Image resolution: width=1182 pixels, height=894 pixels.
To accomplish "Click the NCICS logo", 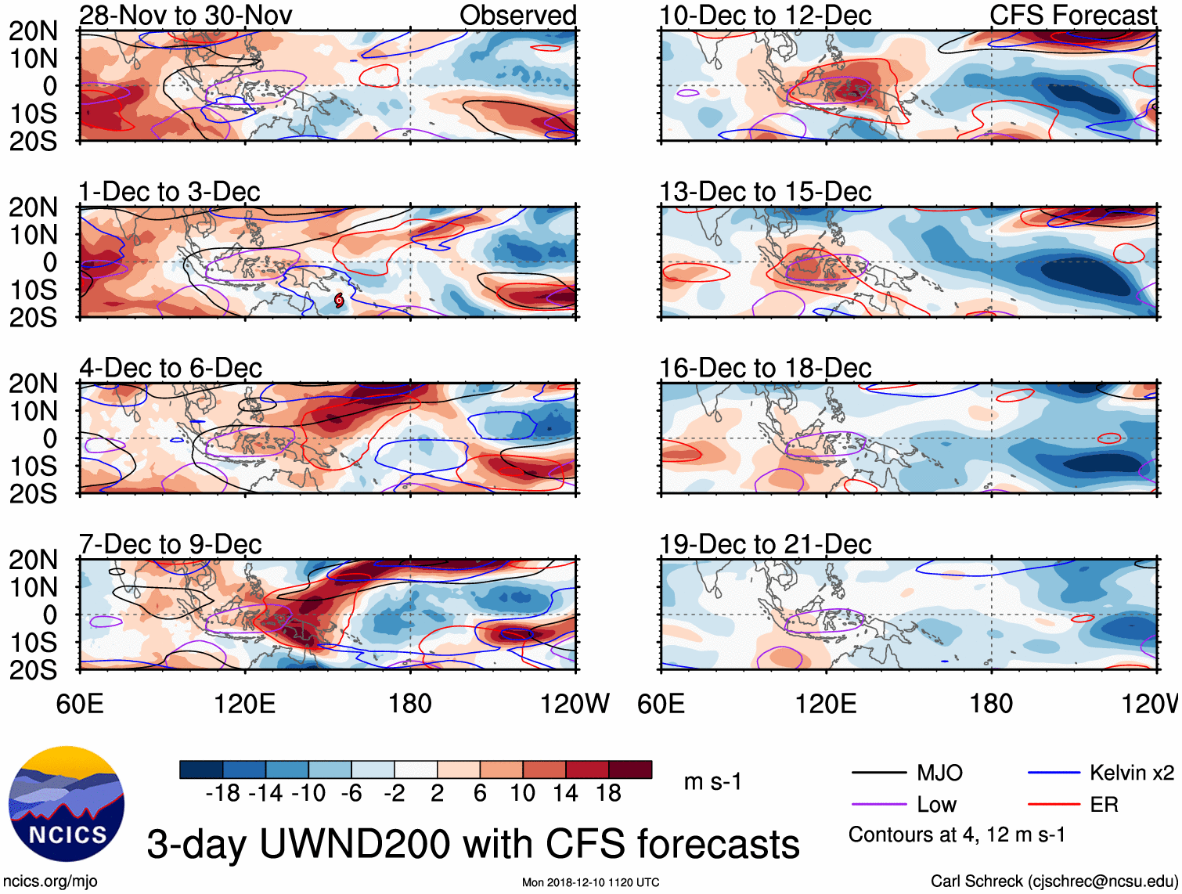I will [66, 804].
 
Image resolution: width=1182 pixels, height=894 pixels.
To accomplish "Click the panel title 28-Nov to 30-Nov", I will [186, 15].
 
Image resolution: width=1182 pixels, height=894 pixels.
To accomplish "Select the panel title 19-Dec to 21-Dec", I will [765, 544].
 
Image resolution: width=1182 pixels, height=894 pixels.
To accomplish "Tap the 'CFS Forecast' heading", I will [1072, 15].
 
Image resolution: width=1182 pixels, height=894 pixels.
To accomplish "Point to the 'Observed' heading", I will [517, 15].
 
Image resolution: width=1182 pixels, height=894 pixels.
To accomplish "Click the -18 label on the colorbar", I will [223, 794].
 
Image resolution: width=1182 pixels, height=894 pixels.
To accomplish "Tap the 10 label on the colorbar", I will [522, 794].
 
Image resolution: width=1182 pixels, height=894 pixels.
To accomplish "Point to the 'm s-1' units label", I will [712, 782].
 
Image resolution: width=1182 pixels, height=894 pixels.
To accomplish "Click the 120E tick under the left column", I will [245, 704].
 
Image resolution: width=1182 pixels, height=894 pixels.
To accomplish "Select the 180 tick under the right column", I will [991, 704].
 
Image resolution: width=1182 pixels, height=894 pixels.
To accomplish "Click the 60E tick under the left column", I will [80, 704].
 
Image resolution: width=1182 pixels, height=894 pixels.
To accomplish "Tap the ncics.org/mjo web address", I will [50, 881].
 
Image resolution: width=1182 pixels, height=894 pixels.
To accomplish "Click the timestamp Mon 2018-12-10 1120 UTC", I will [590, 883].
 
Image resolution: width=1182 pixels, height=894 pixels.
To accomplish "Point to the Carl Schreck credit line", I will [1054, 881].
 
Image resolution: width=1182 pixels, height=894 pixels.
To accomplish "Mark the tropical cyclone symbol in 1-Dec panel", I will [339, 300].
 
